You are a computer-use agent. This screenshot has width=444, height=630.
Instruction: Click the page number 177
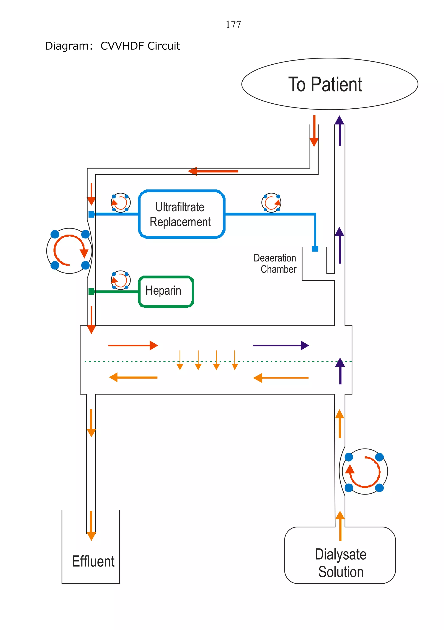(x=233, y=24)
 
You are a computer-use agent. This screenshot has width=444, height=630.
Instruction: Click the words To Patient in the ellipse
(x=325, y=84)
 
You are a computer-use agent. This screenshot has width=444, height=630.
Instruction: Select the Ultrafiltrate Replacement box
(x=181, y=214)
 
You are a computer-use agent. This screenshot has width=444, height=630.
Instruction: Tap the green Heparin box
(x=166, y=291)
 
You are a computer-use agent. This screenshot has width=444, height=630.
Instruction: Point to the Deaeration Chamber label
(x=275, y=264)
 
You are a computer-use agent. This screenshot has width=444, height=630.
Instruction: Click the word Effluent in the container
(x=93, y=561)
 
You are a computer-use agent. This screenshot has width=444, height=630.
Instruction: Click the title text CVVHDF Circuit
(x=140, y=46)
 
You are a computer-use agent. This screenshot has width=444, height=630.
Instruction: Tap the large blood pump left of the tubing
(x=69, y=251)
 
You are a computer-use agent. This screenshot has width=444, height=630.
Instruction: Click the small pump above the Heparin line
(x=121, y=280)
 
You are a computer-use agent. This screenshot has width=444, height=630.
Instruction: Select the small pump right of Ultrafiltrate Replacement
(x=271, y=203)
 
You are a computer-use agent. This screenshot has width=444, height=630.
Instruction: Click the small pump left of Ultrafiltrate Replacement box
(x=121, y=203)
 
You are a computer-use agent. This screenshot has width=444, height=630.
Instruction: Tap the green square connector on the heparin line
(x=91, y=291)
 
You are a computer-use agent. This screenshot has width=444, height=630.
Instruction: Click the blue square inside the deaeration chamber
(x=315, y=249)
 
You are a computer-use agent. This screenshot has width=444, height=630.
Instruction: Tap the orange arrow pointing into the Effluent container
(x=91, y=526)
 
